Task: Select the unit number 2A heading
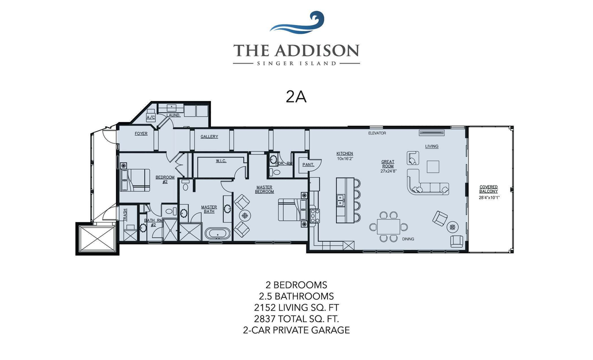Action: click(296, 96)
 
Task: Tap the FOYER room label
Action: click(141, 134)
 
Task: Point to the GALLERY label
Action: click(209, 136)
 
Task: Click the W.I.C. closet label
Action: click(221, 161)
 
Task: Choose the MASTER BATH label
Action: click(208, 209)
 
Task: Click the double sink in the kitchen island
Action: click(340, 199)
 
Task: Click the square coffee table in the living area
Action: click(432, 165)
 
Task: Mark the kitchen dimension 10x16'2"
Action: click(345, 158)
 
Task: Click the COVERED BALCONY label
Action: click(488, 189)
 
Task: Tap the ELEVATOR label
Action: click(377, 133)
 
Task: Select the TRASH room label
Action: click(125, 214)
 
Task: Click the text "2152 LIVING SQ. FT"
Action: click(296, 307)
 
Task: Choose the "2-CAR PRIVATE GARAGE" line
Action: click(296, 330)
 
